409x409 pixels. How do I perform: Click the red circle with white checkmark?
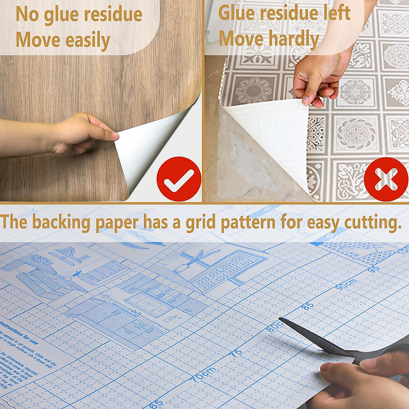179,179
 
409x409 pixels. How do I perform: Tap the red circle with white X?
386,179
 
